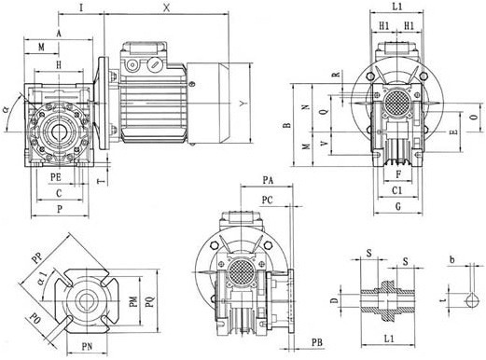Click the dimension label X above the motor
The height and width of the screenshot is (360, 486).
tap(167, 8)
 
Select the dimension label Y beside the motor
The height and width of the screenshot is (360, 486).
tap(243, 104)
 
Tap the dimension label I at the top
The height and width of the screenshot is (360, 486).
tap(81, 7)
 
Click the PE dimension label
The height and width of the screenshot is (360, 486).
tap(56, 177)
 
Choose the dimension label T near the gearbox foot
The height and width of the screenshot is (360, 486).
tap(102, 181)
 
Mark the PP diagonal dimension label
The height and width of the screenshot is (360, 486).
tap(38, 257)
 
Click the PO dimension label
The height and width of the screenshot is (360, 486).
tap(35, 319)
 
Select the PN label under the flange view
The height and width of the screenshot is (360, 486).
tap(87, 346)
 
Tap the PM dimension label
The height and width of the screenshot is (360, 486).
tap(133, 302)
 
